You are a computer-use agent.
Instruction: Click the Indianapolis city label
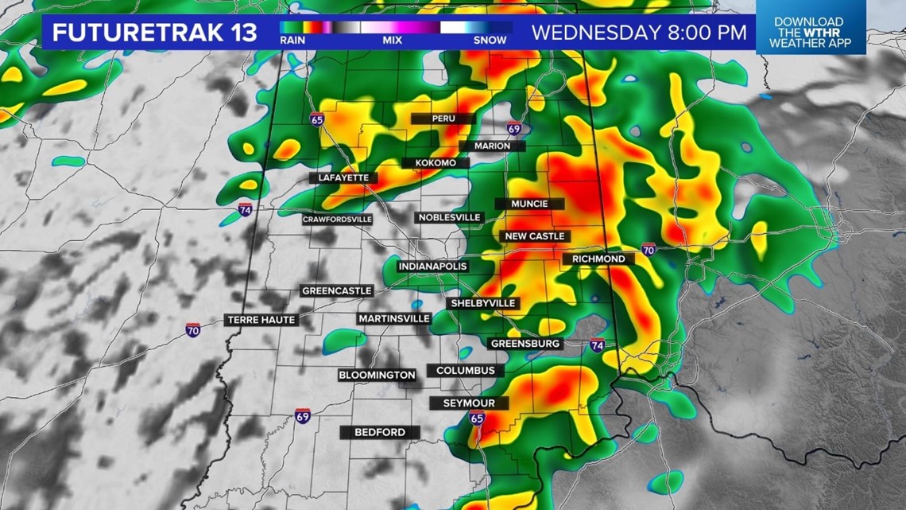(x=432, y=266)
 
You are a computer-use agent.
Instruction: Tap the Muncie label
(x=529, y=204)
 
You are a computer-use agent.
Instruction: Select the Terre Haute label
(x=261, y=320)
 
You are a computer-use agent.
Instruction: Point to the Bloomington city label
(x=377, y=375)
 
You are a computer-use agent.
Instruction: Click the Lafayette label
(x=343, y=177)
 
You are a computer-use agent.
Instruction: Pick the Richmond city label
(x=598, y=259)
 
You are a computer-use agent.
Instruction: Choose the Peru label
(x=443, y=119)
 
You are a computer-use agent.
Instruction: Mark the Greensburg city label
(x=526, y=344)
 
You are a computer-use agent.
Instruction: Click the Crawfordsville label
(x=337, y=219)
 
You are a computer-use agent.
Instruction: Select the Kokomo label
(x=435, y=163)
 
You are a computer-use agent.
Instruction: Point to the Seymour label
(x=468, y=403)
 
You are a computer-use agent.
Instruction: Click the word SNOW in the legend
(x=490, y=39)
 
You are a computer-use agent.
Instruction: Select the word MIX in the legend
(x=392, y=39)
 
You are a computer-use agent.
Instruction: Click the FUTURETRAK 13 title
(x=154, y=33)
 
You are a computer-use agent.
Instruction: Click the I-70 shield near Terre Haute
(x=193, y=329)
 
